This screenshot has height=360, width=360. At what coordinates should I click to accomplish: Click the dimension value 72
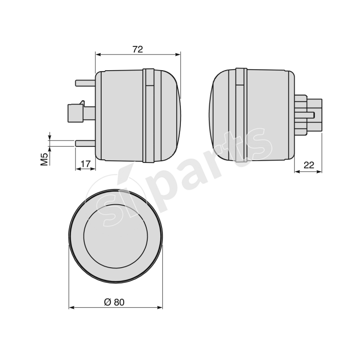(x=138, y=49)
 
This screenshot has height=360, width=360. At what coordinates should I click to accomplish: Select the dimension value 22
(x=308, y=165)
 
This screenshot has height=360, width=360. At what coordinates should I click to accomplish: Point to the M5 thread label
(x=44, y=159)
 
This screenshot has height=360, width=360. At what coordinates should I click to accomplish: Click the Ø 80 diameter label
(x=114, y=302)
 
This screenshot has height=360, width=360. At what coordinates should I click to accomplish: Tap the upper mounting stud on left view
(x=85, y=83)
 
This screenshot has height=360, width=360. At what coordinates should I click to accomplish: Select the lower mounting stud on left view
(x=85, y=143)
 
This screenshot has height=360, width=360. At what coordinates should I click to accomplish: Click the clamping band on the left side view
(x=149, y=115)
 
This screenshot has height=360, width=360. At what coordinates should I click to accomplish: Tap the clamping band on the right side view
(x=241, y=115)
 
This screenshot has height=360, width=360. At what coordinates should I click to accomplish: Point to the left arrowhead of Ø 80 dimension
(x=71, y=308)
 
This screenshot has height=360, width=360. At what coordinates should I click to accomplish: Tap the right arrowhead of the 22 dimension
(x=320, y=171)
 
